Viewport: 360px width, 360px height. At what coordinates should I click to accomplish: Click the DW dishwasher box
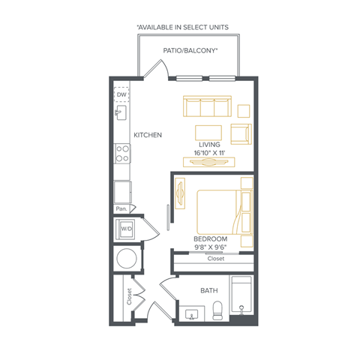click(x=121, y=94)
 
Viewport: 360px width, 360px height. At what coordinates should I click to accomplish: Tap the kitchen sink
click(x=121, y=112)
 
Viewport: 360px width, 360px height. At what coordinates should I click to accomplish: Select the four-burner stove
click(x=122, y=154)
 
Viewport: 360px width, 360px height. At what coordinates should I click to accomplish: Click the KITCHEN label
click(x=148, y=135)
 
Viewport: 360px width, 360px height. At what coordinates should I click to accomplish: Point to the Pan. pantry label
click(x=121, y=208)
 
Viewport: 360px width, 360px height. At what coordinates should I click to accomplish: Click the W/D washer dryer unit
click(x=126, y=229)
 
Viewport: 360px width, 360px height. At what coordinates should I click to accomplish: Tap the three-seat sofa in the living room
click(x=207, y=106)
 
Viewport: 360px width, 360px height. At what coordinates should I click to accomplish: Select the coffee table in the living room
click(x=208, y=133)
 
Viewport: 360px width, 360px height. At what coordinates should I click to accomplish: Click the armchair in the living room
click(x=241, y=134)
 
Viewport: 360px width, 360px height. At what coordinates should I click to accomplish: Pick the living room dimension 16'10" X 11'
click(x=209, y=153)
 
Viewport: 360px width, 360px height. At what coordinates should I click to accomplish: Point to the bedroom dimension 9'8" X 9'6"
click(x=211, y=247)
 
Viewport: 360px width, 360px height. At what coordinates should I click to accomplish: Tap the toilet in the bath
click(x=217, y=310)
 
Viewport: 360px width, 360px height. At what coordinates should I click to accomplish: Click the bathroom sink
click(x=192, y=315)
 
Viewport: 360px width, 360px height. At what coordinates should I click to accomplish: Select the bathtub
click(x=241, y=294)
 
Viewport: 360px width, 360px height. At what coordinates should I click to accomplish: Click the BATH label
click(x=209, y=290)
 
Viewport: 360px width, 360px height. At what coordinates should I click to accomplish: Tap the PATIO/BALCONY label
click(x=190, y=51)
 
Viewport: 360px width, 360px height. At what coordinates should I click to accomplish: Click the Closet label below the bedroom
click(x=216, y=259)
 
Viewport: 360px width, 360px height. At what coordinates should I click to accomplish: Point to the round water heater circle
click(x=127, y=258)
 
